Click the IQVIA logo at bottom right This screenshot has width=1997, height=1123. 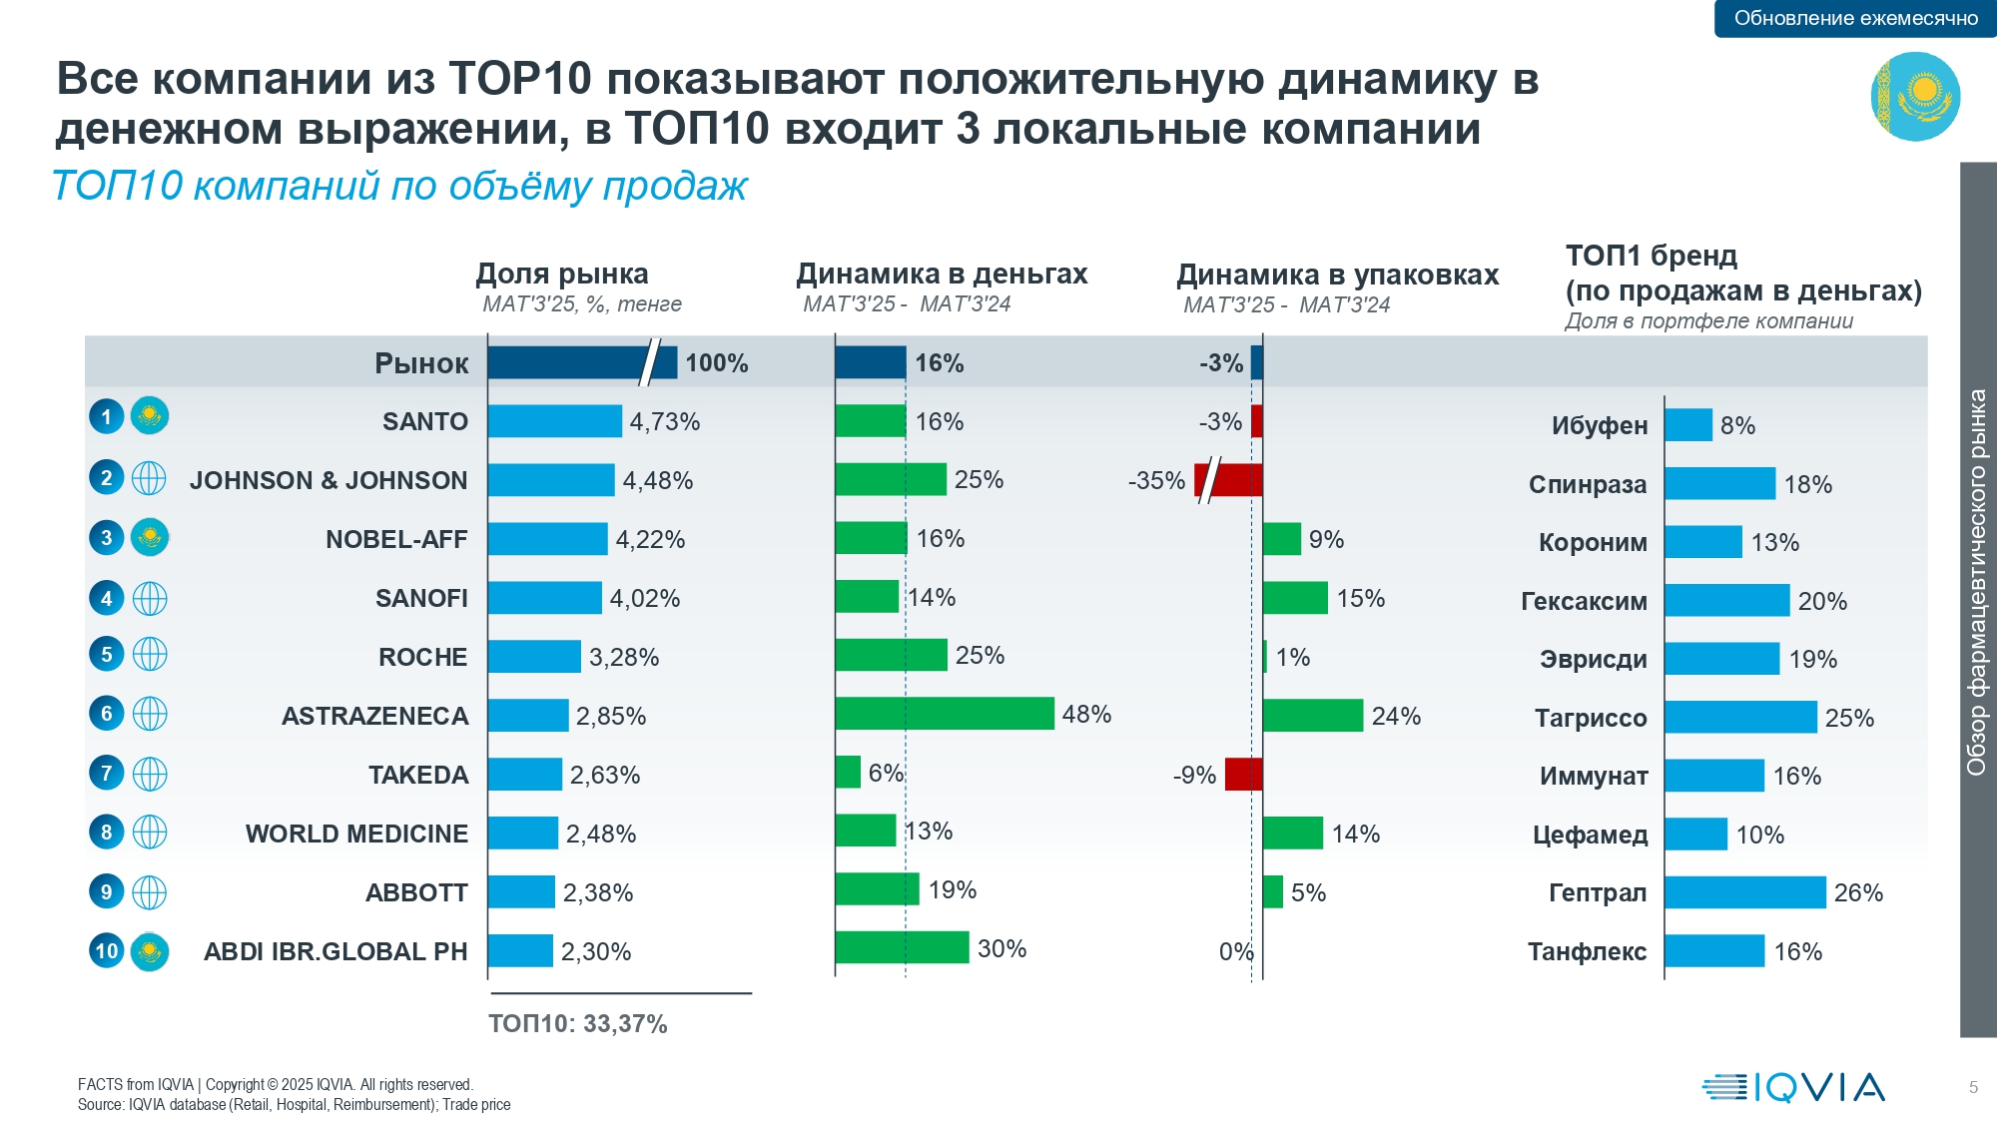(x=1793, y=1087)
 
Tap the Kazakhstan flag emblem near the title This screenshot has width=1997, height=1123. (x=1915, y=97)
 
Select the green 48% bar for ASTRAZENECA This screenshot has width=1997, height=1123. (x=944, y=714)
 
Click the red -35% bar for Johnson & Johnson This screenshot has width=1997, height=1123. (x=1229, y=480)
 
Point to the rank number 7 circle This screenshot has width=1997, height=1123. (x=107, y=773)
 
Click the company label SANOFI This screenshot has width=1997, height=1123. (x=421, y=598)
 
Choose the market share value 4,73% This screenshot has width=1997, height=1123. (x=664, y=421)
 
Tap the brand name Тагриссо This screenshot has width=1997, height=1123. (x=1591, y=718)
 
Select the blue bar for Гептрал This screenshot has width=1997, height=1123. (x=1744, y=892)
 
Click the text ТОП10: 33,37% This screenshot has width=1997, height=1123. (x=577, y=1023)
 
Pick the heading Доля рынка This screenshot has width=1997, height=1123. (x=561, y=274)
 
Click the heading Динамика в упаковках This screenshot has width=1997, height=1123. (x=1337, y=275)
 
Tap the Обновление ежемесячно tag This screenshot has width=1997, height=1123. (x=1855, y=18)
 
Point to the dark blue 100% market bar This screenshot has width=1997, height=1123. (x=581, y=362)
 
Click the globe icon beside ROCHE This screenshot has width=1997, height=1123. (x=150, y=655)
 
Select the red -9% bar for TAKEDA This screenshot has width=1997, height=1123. (x=1243, y=775)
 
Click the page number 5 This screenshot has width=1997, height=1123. (x=1973, y=1087)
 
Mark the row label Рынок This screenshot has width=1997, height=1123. (x=421, y=363)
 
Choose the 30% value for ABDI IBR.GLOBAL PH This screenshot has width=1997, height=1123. (x=1001, y=948)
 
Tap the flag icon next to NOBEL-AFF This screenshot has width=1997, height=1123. (x=150, y=538)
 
